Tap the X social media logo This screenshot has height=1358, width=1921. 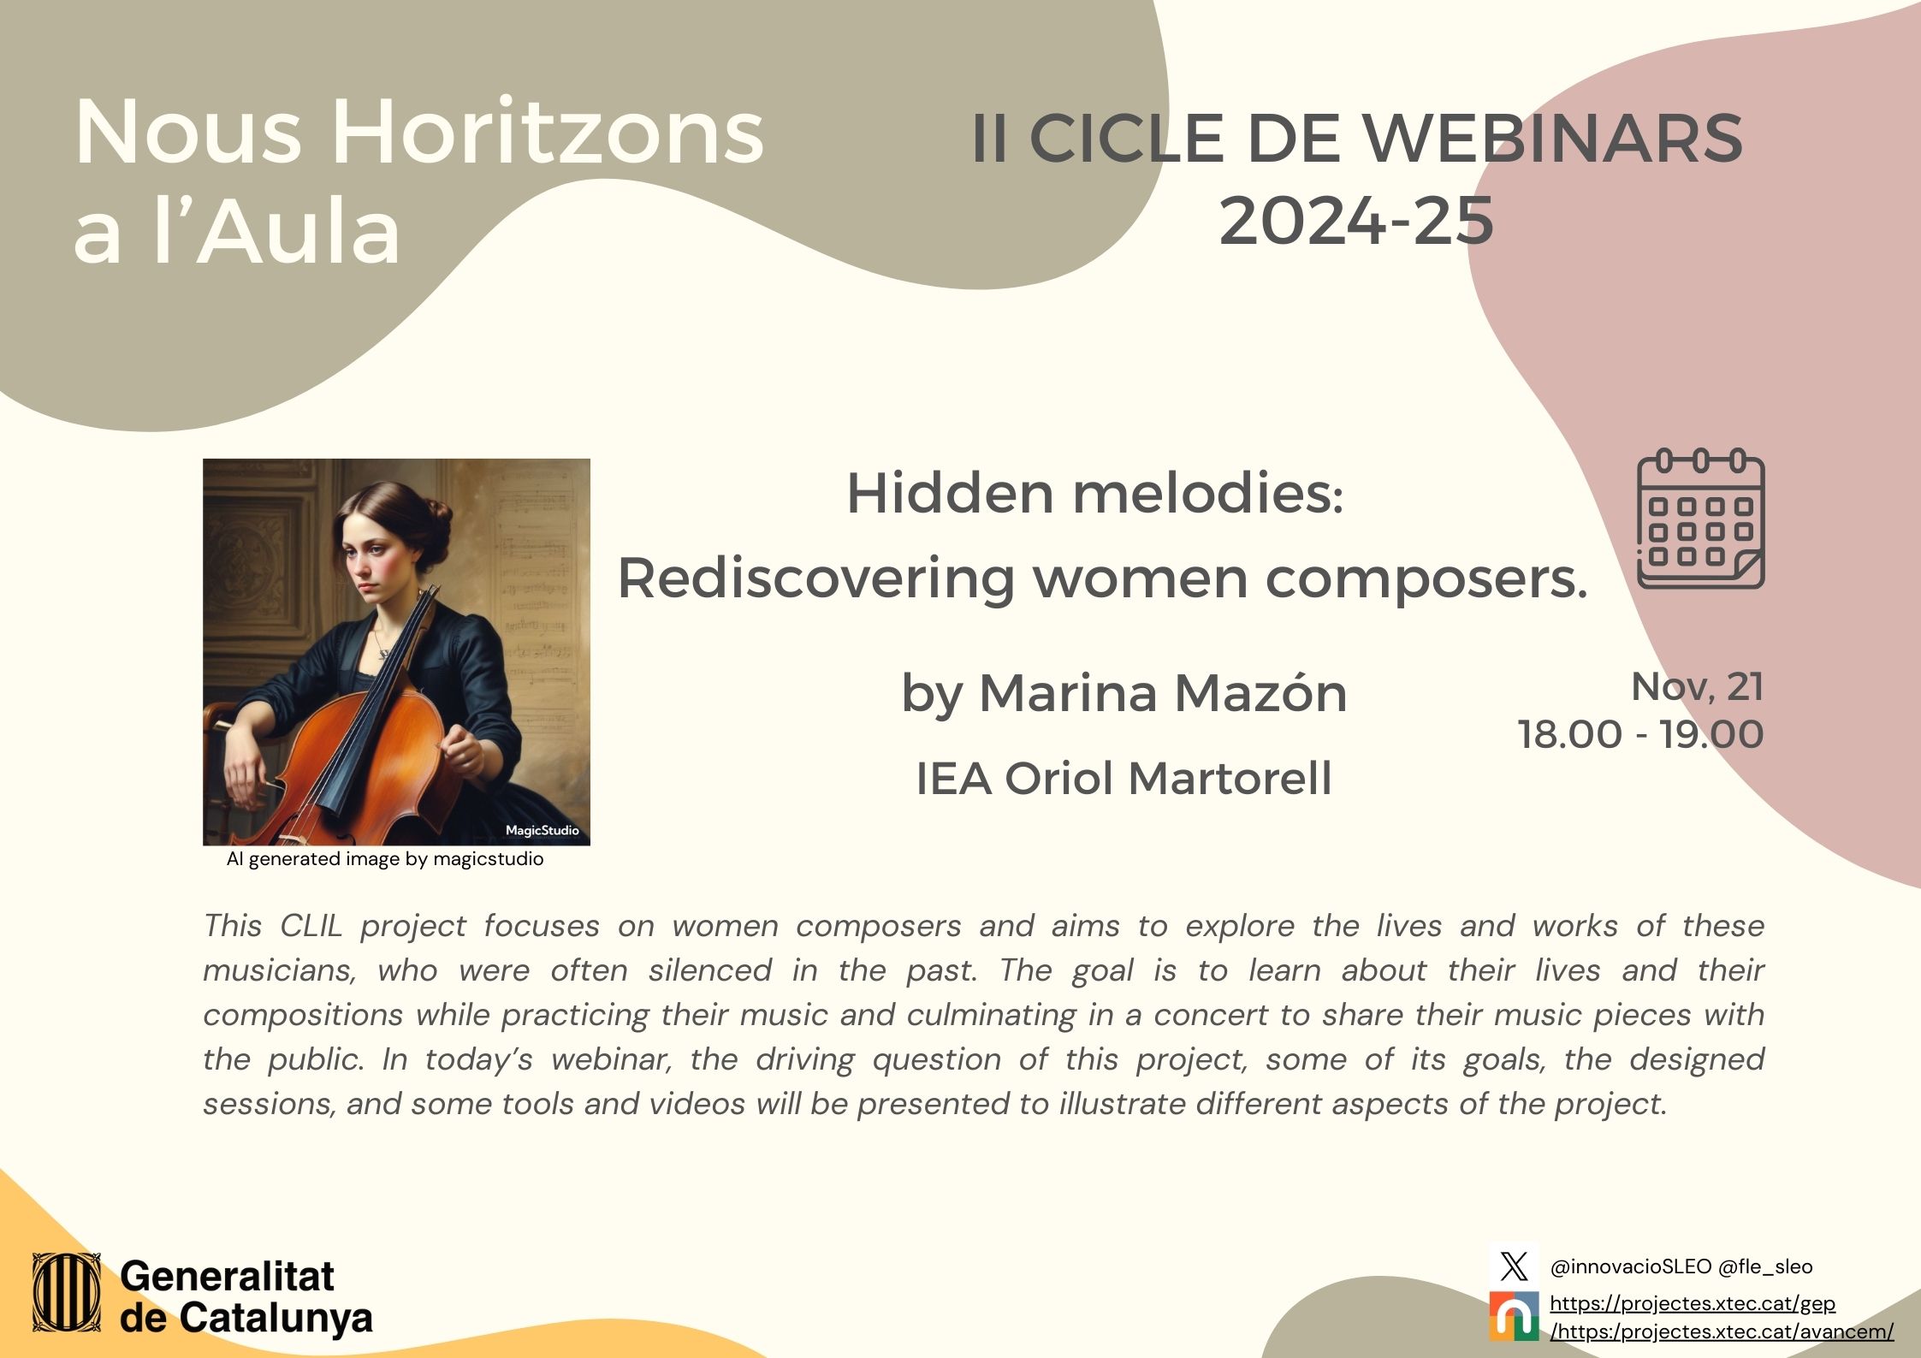[x=1514, y=1266]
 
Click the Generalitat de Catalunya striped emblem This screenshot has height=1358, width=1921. [x=67, y=1293]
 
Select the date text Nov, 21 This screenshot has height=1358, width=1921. [x=1698, y=686]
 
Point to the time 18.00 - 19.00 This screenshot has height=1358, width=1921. [x=1640, y=734]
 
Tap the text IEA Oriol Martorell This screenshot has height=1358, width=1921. [x=1124, y=779]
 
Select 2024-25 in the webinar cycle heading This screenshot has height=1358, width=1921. [x=1356, y=221]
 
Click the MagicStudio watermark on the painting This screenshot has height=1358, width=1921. [x=542, y=830]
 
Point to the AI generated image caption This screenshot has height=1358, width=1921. [x=385, y=859]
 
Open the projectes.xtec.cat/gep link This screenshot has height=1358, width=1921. [x=1693, y=1304]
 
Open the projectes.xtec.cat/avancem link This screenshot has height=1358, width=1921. [x=1722, y=1331]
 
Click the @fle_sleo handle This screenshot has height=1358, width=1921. [x=1764, y=1266]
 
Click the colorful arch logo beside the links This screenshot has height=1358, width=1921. [x=1514, y=1316]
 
